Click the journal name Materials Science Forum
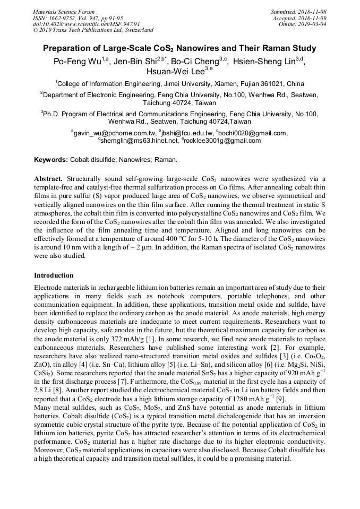pyautogui.click(x=64, y=12)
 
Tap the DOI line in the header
pyautogui.click(x=86, y=24)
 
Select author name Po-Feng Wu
pyautogui.click(x=77, y=62)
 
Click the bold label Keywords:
pyautogui.click(x=51, y=159)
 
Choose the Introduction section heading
pyautogui.click(x=54, y=275)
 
